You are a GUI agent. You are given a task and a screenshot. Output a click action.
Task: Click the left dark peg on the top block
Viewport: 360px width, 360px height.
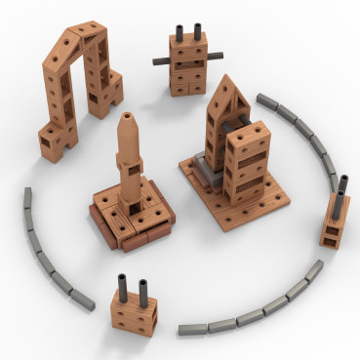[180, 30]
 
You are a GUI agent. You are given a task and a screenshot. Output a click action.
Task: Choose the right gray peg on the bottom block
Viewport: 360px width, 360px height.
[142, 291]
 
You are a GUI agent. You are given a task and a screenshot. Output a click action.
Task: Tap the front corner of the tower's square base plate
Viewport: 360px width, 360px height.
[234, 225]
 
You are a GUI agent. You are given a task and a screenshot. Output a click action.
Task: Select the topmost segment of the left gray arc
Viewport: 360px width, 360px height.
[28, 199]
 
